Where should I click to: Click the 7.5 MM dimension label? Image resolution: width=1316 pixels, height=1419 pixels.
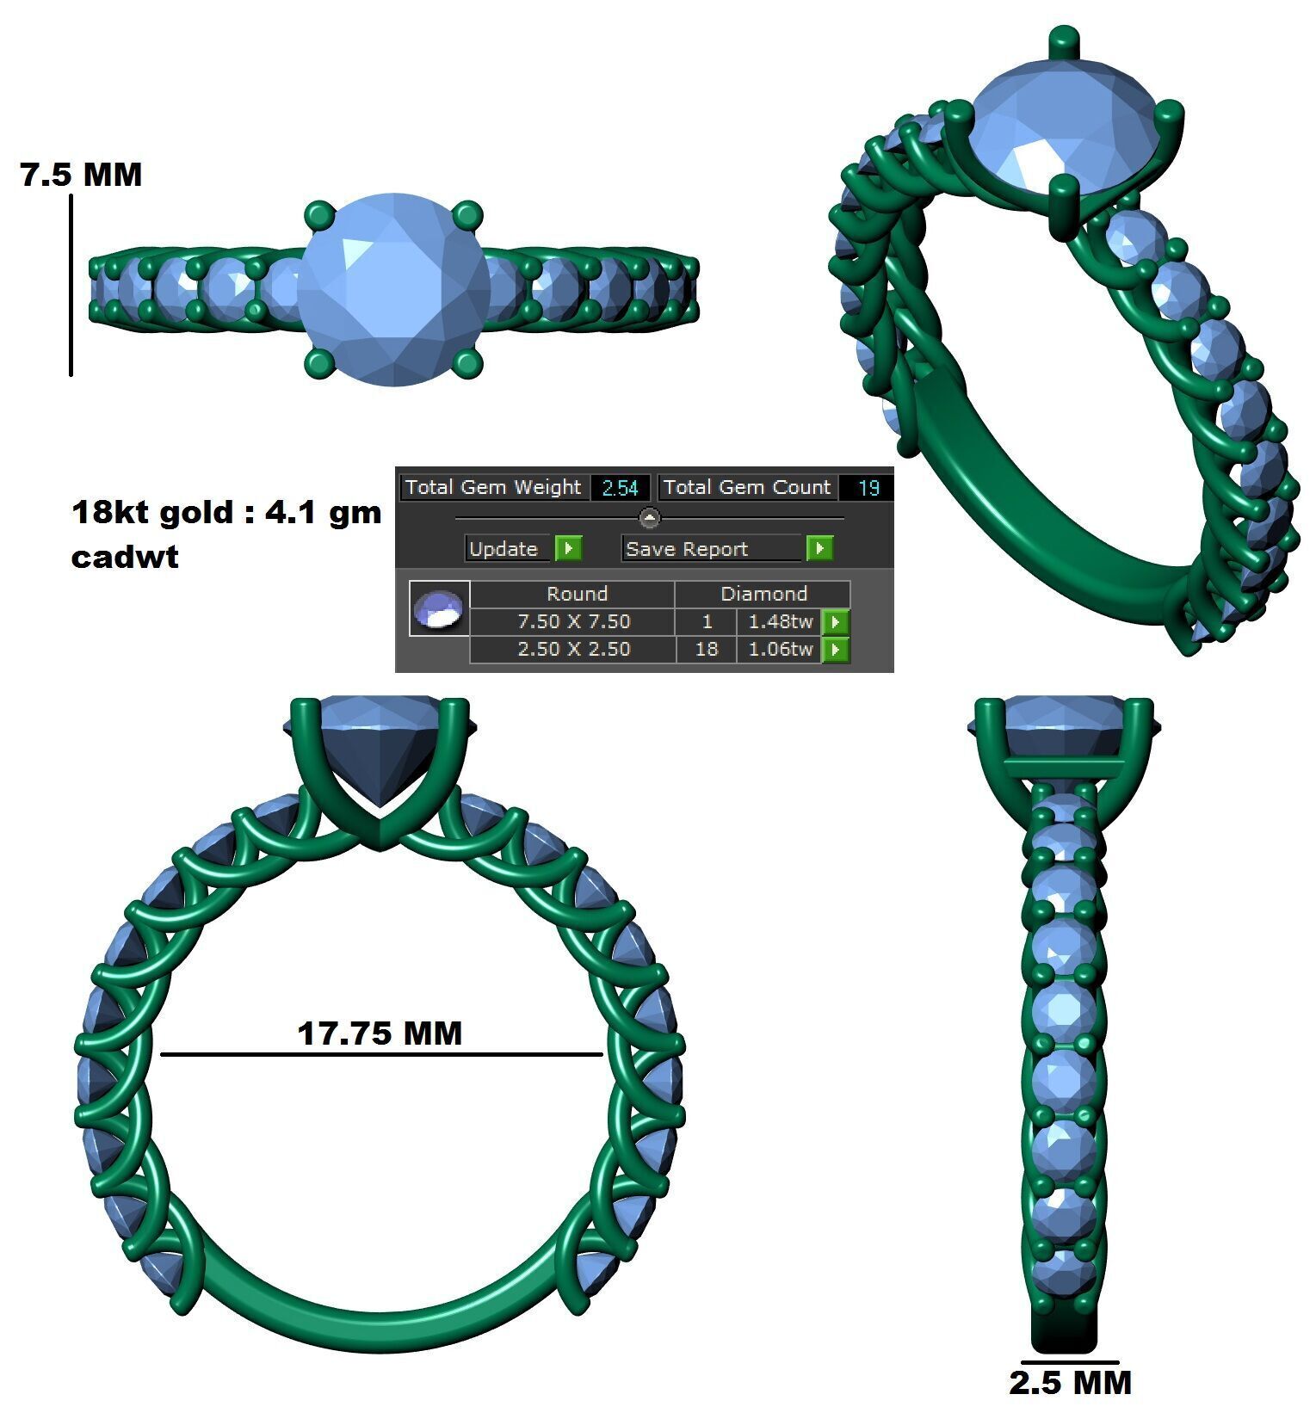(x=81, y=175)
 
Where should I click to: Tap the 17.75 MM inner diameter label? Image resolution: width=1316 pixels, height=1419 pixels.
(x=380, y=1033)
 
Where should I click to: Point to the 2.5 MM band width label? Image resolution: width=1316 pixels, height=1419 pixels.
(x=1070, y=1383)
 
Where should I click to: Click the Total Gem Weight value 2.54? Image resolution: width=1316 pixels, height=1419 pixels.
(x=620, y=488)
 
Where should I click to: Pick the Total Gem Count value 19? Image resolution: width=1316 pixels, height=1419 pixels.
(x=868, y=488)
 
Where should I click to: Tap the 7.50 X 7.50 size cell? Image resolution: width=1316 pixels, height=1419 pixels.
(x=573, y=621)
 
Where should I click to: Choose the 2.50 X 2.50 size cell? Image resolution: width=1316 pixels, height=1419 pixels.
(x=573, y=649)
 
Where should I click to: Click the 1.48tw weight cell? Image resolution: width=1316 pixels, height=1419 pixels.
(x=780, y=621)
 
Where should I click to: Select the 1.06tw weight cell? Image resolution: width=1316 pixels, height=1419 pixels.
(x=780, y=649)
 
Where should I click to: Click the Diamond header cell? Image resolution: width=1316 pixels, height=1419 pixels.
(x=763, y=594)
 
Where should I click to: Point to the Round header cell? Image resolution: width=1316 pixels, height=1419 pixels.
(x=577, y=594)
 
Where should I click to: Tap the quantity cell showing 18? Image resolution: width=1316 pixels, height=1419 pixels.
(x=707, y=649)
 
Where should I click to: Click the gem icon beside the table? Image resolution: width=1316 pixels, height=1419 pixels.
(x=440, y=608)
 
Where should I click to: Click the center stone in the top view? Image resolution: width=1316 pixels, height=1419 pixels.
(x=394, y=289)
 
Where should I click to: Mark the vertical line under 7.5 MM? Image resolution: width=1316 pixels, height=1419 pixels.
(x=71, y=285)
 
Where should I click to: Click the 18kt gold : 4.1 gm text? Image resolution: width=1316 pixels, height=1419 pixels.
(x=226, y=513)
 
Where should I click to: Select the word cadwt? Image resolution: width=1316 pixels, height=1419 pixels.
(x=125, y=557)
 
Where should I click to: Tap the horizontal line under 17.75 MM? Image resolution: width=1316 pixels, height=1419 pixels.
(x=381, y=1054)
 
